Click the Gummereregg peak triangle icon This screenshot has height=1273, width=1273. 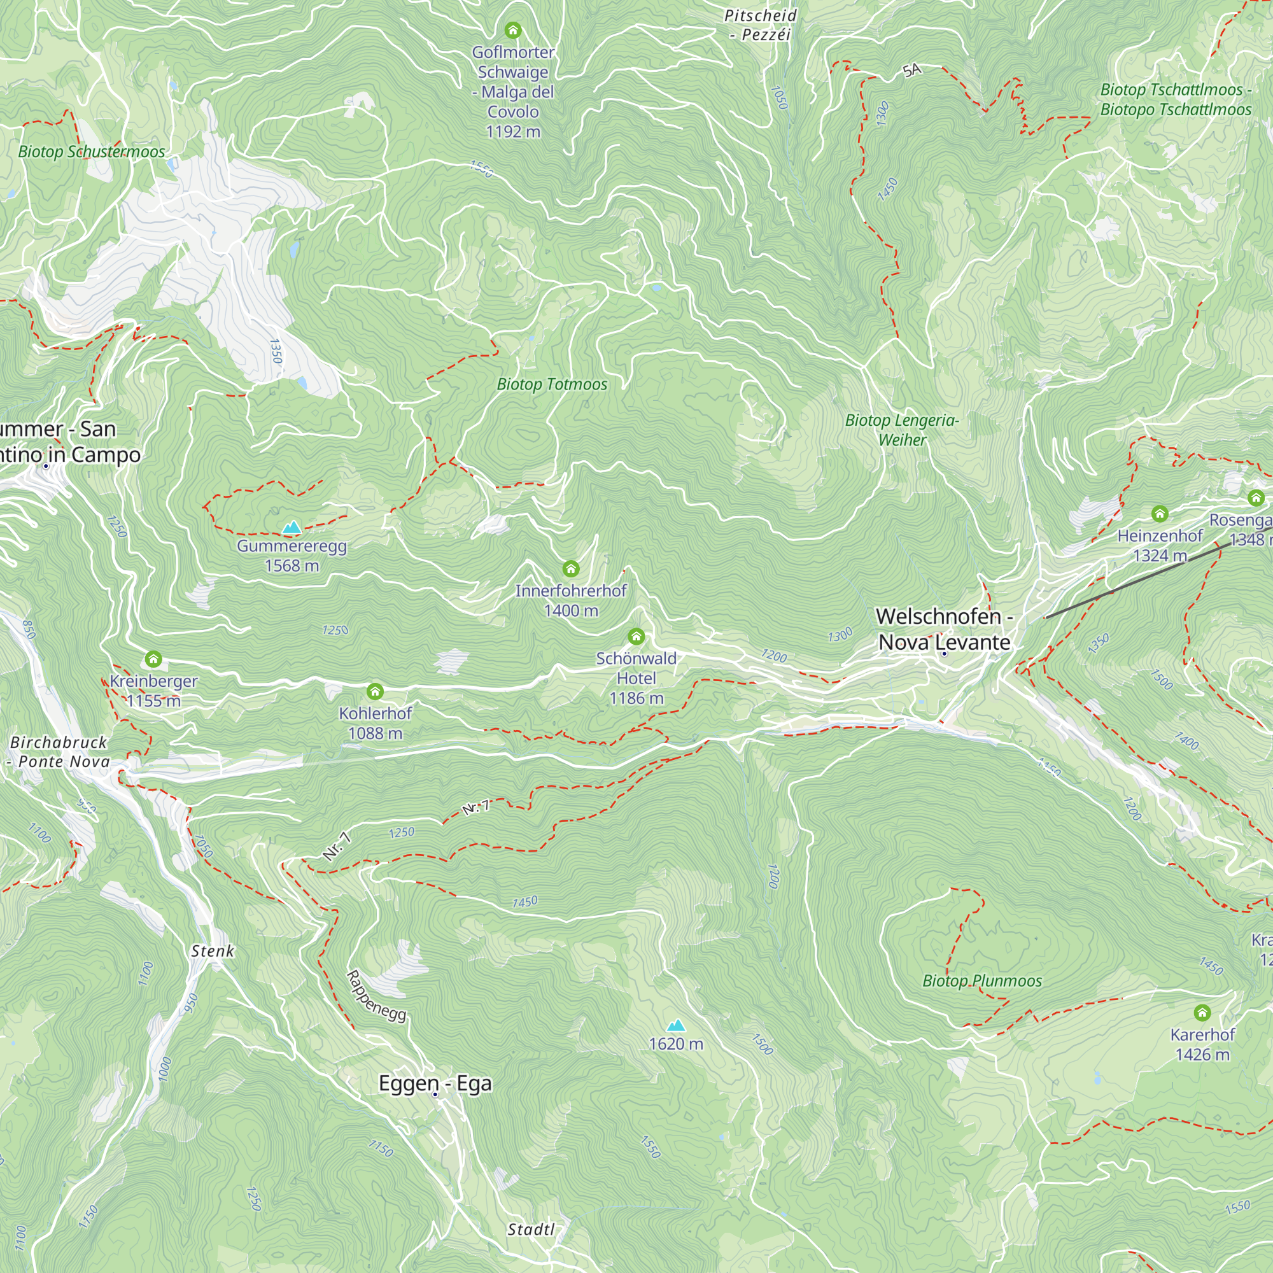(292, 527)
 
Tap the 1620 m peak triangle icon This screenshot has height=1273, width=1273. (676, 1025)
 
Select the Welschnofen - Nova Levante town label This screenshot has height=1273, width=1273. (943, 629)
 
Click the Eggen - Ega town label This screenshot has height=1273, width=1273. (435, 1084)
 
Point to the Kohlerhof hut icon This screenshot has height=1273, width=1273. (375, 691)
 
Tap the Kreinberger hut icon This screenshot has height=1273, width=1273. (153, 659)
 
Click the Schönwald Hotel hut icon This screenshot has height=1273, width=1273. (636, 636)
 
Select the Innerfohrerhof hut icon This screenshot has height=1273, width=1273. (570, 568)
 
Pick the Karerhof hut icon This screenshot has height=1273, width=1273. (1202, 1013)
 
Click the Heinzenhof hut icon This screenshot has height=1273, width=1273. (1160, 513)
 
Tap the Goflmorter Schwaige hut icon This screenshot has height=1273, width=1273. (512, 31)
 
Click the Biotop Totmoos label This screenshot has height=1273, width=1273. (551, 384)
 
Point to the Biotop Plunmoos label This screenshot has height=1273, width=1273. (981, 981)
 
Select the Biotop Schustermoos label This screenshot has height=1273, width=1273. (92, 151)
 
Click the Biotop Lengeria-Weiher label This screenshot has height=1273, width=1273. (902, 430)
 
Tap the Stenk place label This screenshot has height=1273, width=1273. (212, 951)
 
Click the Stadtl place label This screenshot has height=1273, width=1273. (531, 1230)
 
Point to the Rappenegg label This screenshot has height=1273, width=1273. (376, 995)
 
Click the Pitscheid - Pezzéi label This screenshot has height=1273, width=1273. (761, 25)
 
